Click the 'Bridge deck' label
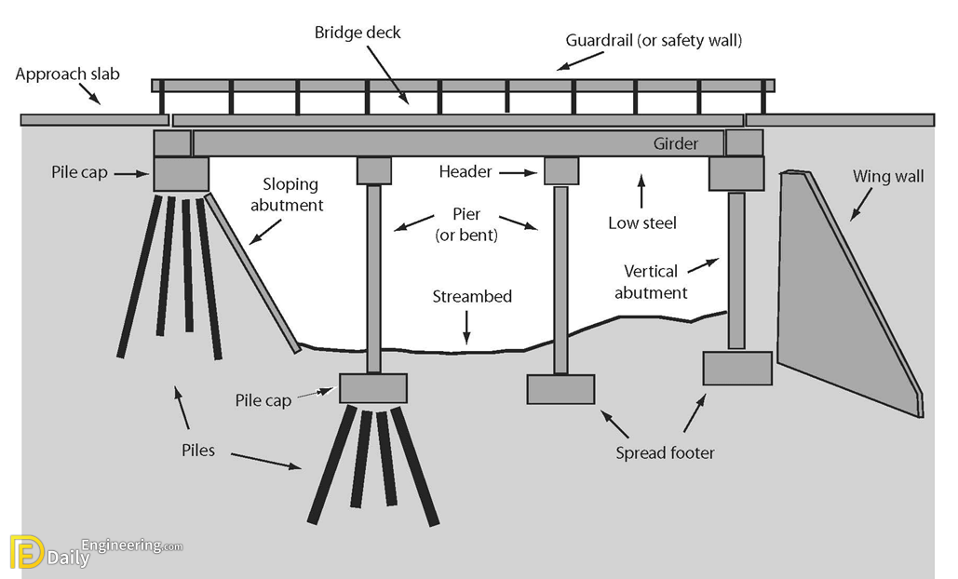coord(358,33)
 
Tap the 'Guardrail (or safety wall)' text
coord(654,41)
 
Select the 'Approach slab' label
coord(67,74)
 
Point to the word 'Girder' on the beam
coord(676,143)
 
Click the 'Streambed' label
coord(472,297)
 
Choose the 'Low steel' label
coord(641,222)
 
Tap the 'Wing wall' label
coord(888,176)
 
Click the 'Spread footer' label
coord(666,453)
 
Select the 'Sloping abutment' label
coord(287,195)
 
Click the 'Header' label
coord(466,171)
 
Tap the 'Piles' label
coord(198,451)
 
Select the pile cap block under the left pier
coord(372,388)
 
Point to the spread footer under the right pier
coord(560,389)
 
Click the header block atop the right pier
coord(560,171)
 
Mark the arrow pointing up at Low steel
coord(641,189)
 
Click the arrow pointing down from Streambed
coord(467,328)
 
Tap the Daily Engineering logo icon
coord(26,551)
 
